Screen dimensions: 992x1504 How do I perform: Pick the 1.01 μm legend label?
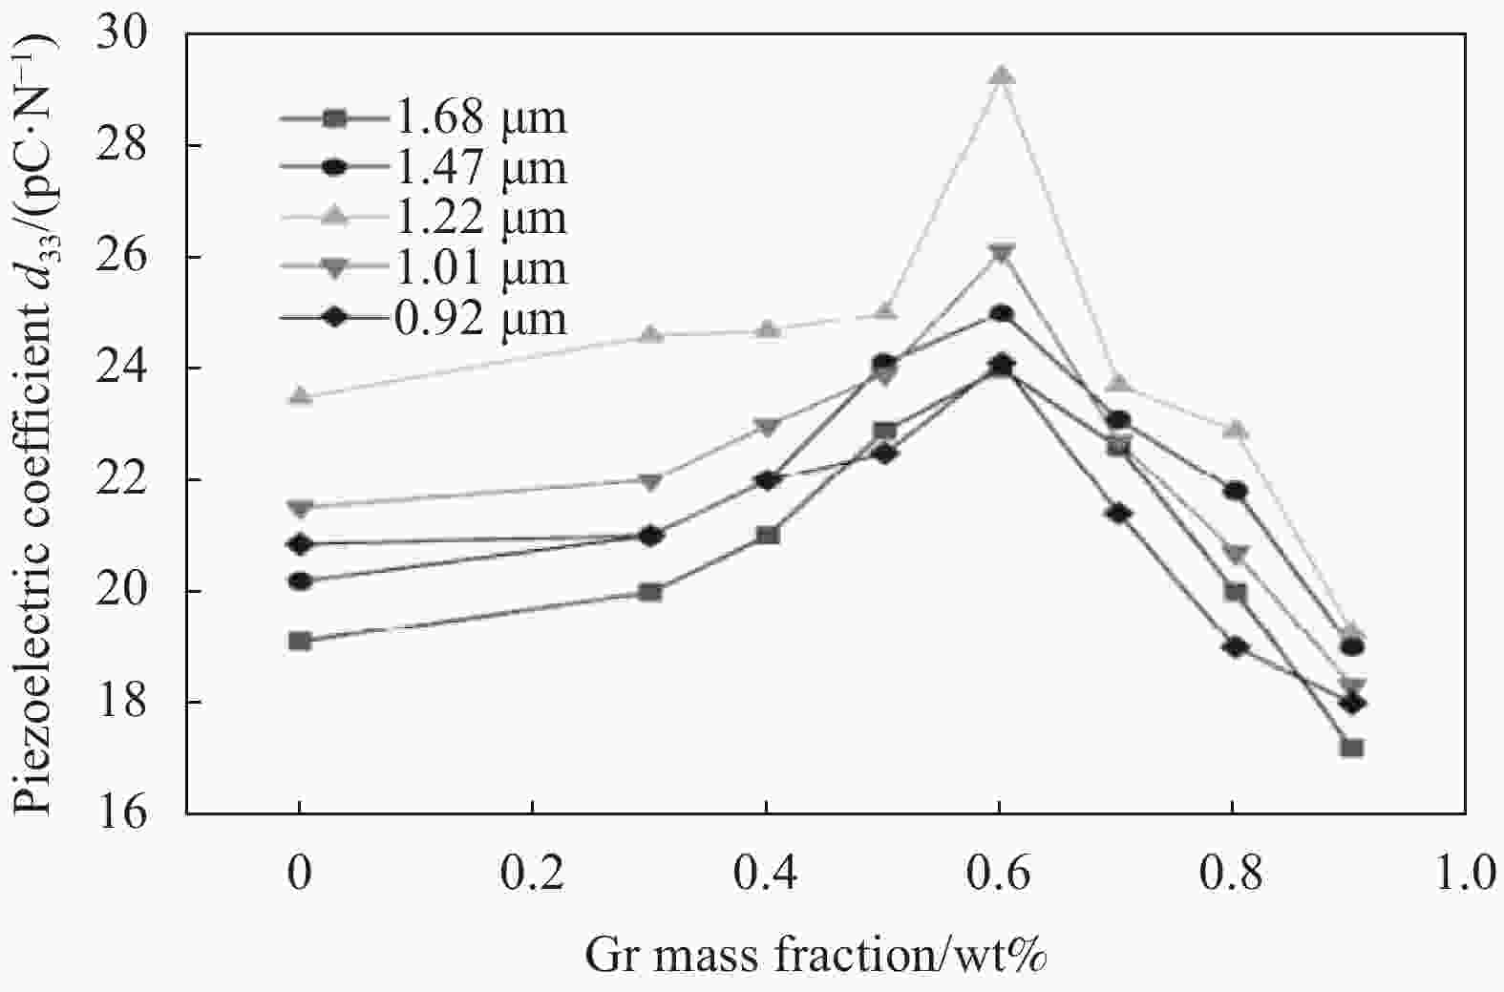(x=480, y=268)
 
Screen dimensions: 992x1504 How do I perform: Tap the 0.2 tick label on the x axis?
(x=532, y=874)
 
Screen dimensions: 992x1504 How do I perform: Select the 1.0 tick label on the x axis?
(x=1465, y=874)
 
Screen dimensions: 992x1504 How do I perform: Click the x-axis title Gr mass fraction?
(x=816, y=954)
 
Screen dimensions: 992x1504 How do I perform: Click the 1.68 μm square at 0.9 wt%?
(x=1351, y=748)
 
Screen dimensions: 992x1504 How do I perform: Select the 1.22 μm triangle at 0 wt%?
(x=300, y=396)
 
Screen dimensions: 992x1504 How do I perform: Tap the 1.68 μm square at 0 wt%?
(x=300, y=641)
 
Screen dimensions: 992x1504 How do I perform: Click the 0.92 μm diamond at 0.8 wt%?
(x=1236, y=647)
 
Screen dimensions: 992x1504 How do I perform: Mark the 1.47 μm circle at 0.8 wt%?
(x=1236, y=491)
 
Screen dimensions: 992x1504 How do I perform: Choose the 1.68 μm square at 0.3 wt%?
(x=650, y=592)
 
